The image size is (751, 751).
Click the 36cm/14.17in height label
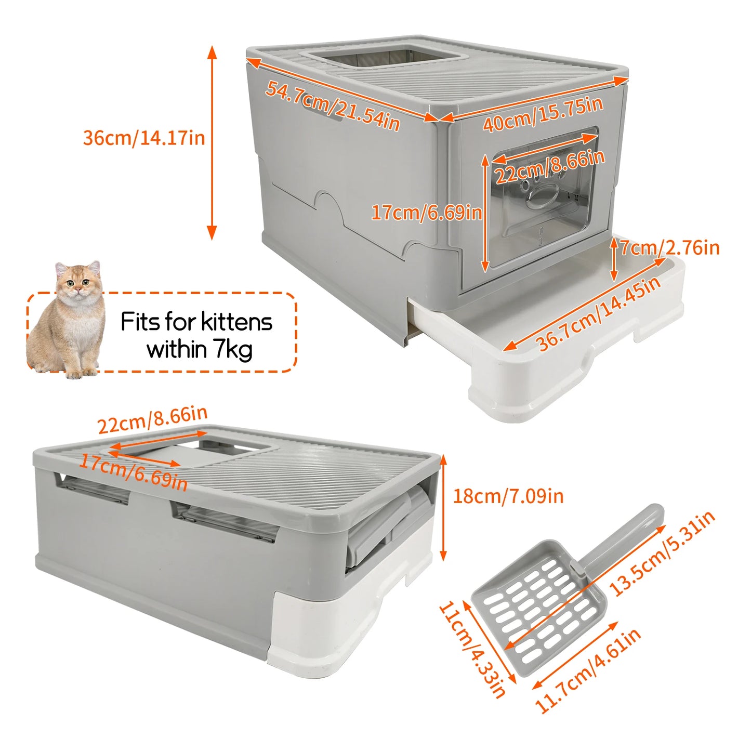(x=144, y=138)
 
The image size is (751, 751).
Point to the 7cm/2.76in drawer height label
(x=670, y=247)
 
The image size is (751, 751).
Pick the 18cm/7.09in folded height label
(x=508, y=496)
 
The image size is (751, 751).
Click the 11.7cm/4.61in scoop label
(x=587, y=670)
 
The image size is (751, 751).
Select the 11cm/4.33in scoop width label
(x=472, y=650)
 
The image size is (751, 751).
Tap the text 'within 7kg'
(x=200, y=350)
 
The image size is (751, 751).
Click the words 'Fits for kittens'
(x=196, y=322)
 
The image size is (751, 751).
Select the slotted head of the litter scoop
(x=538, y=605)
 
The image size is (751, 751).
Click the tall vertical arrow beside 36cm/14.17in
(x=212, y=143)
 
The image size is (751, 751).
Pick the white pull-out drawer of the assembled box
(x=546, y=359)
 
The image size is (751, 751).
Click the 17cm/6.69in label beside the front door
(x=426, y=213)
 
